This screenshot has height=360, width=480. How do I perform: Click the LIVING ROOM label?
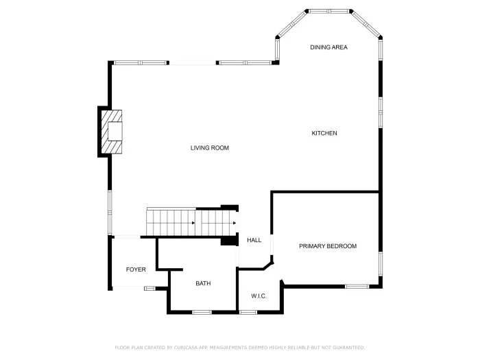[x=210, y=148]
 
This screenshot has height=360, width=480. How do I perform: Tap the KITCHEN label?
[x=324, y=133]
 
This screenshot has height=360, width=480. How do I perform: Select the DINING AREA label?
[x=328, y=47]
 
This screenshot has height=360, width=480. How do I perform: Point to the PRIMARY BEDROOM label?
[x=328, y=246]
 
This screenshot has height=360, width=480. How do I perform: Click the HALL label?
[x=254, y=240]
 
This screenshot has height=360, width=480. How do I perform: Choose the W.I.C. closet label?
[x=259, y=296]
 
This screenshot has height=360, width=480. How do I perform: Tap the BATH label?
[x=203, y=283]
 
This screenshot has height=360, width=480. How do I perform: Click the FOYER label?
[x=136, y=269]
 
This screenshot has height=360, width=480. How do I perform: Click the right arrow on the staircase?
[x=234, y=223]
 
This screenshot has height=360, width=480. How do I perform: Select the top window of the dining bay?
[x=329, y=11]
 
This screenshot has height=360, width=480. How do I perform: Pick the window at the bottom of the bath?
[x=202, y=313]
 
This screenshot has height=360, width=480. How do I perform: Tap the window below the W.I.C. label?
[x=248, y=313]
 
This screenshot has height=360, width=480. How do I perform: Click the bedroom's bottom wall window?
[x=356, y=286]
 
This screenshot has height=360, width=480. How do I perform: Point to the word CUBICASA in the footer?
[x=182, y=348]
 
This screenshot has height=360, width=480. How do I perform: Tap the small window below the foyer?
[x=149, y=288]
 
